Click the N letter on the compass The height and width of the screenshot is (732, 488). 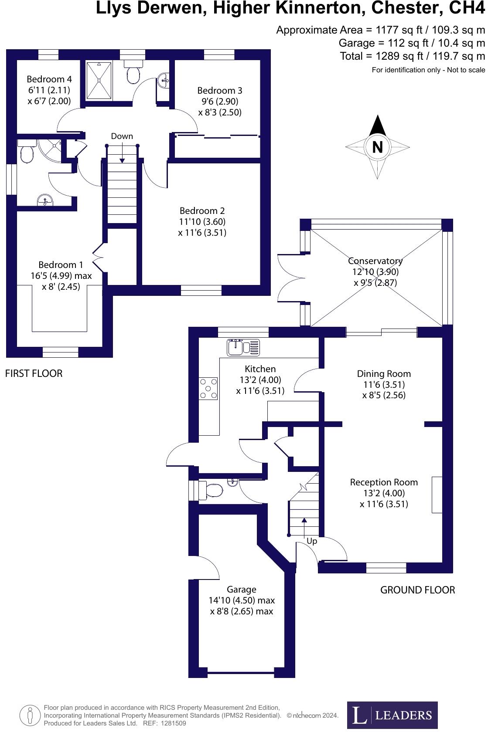[378, 147]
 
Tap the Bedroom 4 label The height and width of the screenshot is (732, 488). [49, 79]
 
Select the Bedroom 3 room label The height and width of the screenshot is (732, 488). [220, 91]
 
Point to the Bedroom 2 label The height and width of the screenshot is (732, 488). [202, 211]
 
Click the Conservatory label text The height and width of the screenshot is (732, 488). [375, 261]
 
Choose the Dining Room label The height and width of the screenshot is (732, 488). [384, 374]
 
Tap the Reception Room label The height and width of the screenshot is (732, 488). [384, 482]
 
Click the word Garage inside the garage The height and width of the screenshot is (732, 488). [242, 590]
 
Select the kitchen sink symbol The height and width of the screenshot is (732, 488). [243, 347]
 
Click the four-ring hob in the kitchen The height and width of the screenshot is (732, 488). [208, 389]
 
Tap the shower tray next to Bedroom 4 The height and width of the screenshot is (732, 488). [99, 80]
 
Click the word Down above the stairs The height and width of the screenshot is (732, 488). [122, 136]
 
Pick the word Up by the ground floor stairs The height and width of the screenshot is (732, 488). [312, 541]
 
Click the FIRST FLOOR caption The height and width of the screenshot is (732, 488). [34, 373]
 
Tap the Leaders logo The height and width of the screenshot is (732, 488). [392, 715]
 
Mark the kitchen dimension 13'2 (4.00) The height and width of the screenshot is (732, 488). [260, 380]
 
